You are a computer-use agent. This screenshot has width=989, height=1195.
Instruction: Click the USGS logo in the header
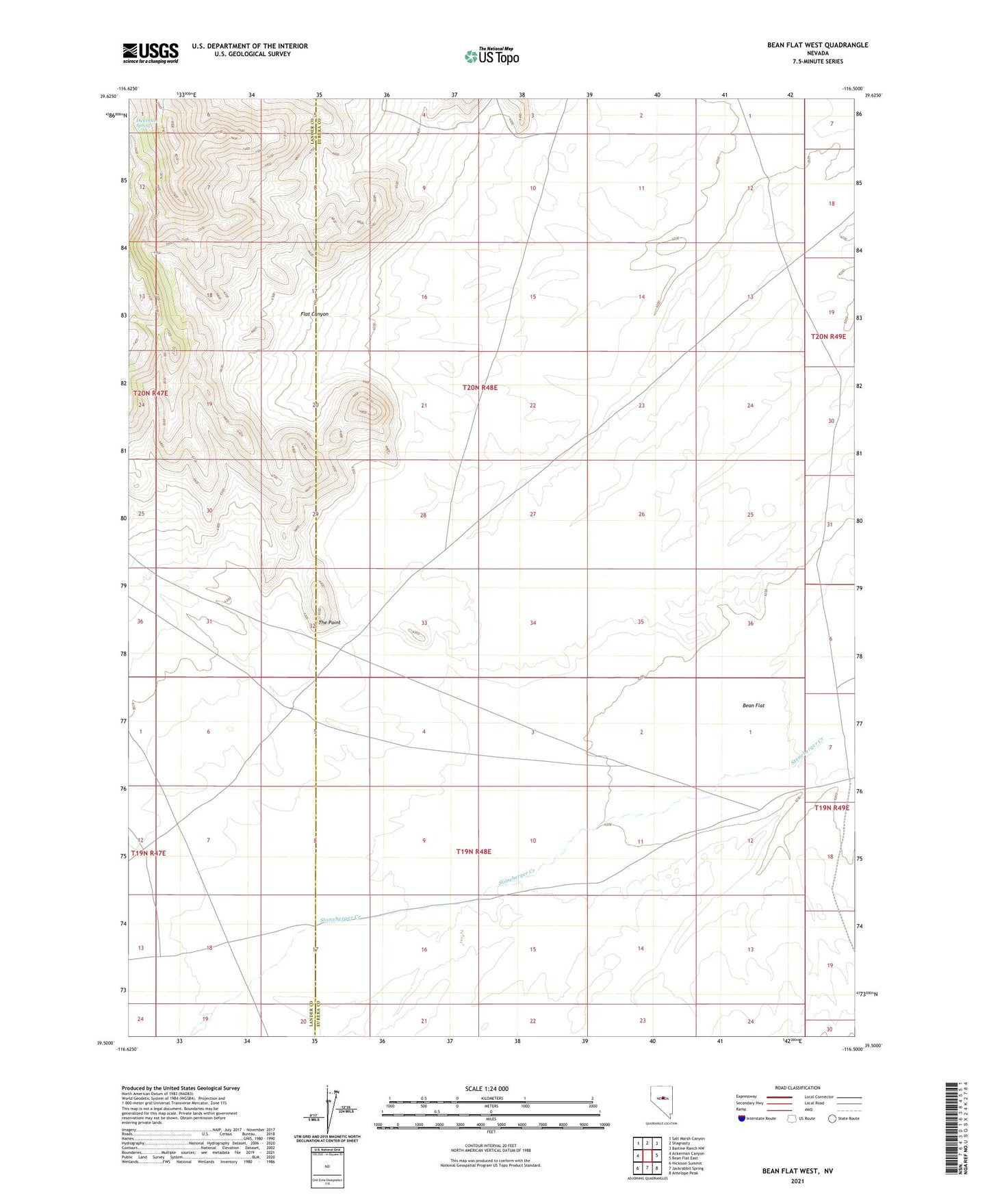[150, 52]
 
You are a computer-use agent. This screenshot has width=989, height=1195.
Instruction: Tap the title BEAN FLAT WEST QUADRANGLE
[817, 45]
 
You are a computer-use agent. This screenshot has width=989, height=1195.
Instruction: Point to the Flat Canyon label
[314, 314]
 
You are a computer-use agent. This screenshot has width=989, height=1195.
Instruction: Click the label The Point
[329, 623]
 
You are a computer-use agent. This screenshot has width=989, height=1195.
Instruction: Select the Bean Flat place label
[754, 705]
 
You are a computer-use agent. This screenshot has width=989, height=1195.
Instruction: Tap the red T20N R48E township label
[480, 387]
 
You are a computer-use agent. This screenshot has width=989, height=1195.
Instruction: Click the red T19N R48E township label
[474, 852]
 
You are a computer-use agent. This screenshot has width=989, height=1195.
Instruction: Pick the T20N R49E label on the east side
[828, 337]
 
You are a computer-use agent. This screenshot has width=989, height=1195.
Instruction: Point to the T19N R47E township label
[149, 853]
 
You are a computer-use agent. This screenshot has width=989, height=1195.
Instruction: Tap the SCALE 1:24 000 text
[487, 1089]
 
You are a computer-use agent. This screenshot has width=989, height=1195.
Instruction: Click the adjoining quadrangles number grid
[647, 1156]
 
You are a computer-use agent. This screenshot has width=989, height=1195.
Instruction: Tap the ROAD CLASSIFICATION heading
[797, 1088]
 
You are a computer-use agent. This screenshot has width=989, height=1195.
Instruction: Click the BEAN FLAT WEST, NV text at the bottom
[797, 1171]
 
